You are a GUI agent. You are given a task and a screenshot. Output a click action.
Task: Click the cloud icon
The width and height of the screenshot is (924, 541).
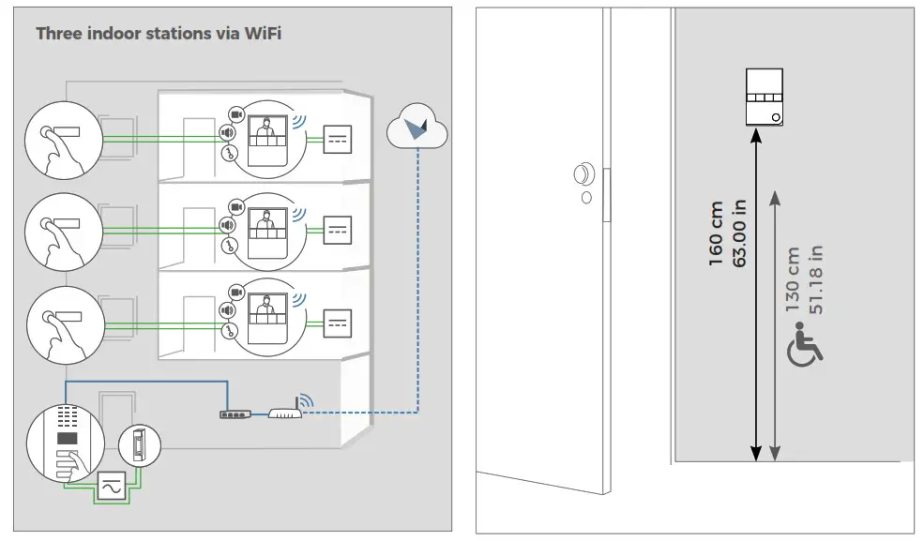pos(417,128)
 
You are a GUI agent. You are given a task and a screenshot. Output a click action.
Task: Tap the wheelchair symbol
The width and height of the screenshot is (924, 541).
pos(804,343)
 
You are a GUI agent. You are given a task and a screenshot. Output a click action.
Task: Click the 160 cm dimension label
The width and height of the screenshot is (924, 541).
pos(717,233)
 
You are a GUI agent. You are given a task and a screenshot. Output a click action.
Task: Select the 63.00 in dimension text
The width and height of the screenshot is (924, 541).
pos(740,233)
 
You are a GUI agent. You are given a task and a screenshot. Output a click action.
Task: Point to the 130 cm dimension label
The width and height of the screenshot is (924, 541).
pos(794,280)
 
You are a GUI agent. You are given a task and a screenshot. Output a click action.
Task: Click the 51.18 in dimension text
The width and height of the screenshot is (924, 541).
pos(816,280)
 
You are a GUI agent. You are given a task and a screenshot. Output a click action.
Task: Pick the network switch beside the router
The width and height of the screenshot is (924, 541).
pos(235,413)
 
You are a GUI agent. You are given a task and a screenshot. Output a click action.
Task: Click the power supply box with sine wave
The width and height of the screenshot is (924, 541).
pos(111,488)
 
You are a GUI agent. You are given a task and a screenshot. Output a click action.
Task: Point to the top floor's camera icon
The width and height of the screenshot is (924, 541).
pos(235,114)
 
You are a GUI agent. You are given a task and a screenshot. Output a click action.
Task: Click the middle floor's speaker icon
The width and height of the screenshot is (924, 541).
pos(227,224)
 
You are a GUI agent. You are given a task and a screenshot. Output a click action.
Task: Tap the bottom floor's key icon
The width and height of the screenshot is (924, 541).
pos(228,330)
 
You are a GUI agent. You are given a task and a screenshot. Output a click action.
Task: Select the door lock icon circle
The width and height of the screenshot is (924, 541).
pos(139,444)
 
